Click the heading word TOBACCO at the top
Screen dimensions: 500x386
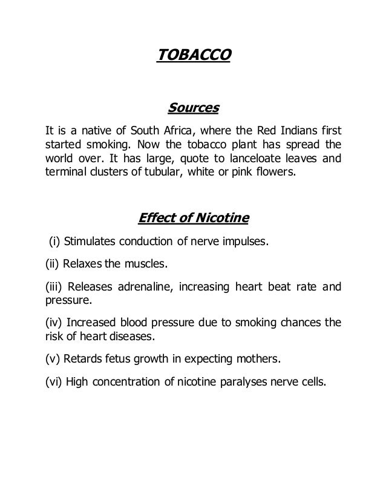[194, 56]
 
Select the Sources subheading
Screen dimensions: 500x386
[192, 109]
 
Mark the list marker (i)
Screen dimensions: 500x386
[54, 243]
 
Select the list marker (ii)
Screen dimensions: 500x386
[54, 264]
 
